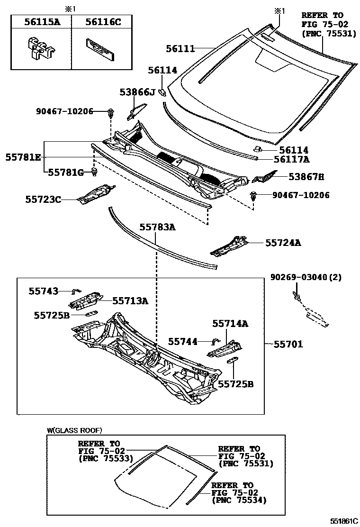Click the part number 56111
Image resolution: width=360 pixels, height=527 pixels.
(180, 48)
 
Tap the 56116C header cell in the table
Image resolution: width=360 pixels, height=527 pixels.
(100, 22)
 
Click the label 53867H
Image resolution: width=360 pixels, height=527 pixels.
(306, 177)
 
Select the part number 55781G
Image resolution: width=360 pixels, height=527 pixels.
(66, 173)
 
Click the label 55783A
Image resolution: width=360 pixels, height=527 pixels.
(157, 227)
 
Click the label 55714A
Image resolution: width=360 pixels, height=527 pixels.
(230, 324)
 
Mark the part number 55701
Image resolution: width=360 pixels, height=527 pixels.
(288, 345)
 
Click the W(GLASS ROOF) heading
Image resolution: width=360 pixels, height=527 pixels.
(74, 430)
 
